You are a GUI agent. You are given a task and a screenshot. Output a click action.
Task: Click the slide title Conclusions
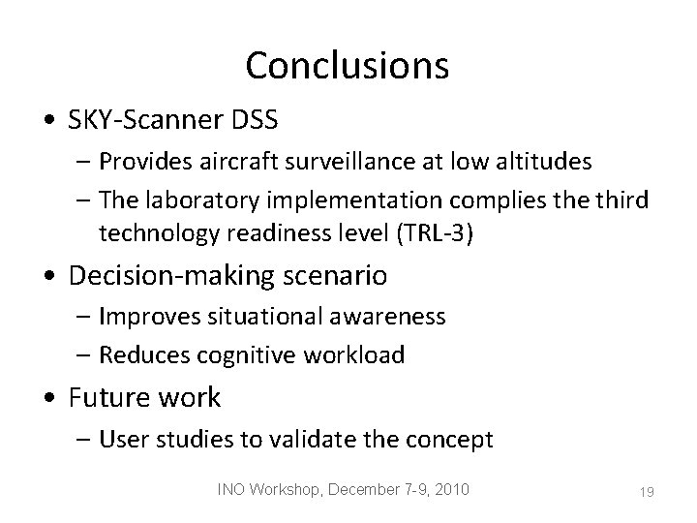pyautogui.click(x=348, y=65)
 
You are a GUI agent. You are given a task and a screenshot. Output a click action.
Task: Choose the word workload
pyautogui.click(x=358, y=354)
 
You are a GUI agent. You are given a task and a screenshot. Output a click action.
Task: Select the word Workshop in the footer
pyautogui.click(x=288, y=490)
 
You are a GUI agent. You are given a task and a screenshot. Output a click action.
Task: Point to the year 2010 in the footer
pyautogui.click(x=449, y=490)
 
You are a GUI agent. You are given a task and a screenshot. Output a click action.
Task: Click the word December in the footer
pyautogui.click(x=363, y=490)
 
